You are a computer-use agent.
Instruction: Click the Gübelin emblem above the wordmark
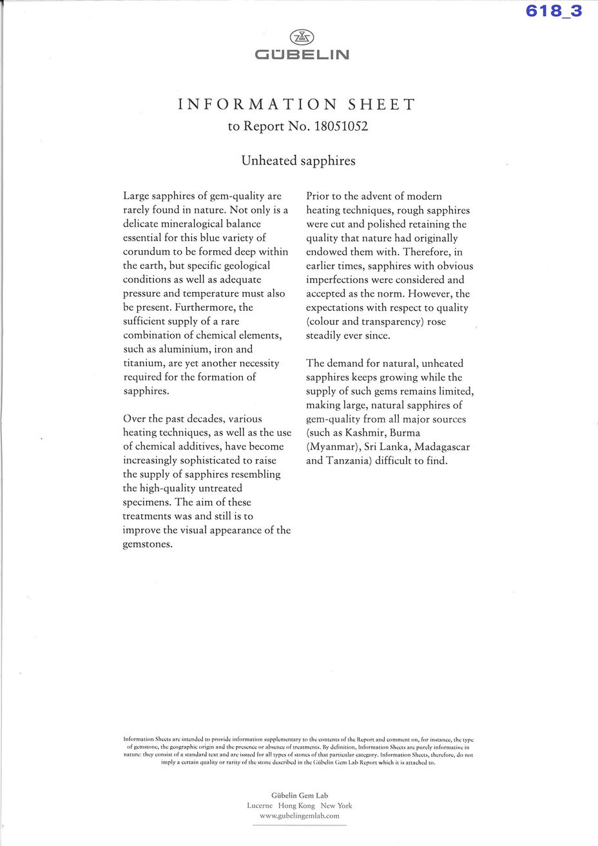point(299,37)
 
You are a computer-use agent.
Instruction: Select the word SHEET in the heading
point(381,104)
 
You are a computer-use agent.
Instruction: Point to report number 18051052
point(340,126)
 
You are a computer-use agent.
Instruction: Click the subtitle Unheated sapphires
point(298,161)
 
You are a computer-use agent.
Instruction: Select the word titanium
point(144,363)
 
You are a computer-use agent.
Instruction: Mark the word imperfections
point(345,280)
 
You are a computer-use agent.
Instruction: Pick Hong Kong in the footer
point(296,805)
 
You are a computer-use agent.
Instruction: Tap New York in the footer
point(336,805)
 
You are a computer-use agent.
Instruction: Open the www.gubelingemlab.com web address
point(299,816)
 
